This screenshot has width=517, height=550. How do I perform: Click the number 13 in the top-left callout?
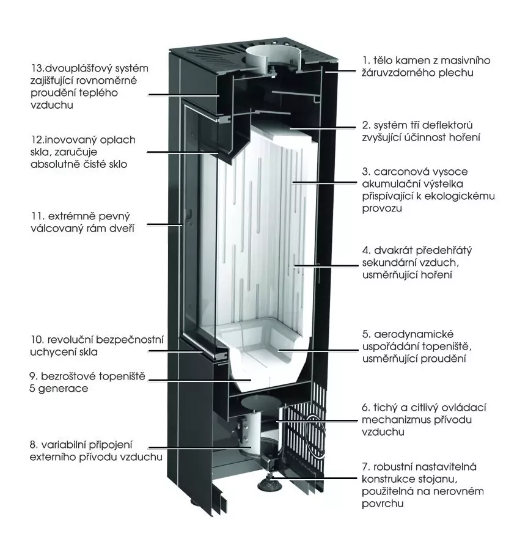(x=36, y=67)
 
